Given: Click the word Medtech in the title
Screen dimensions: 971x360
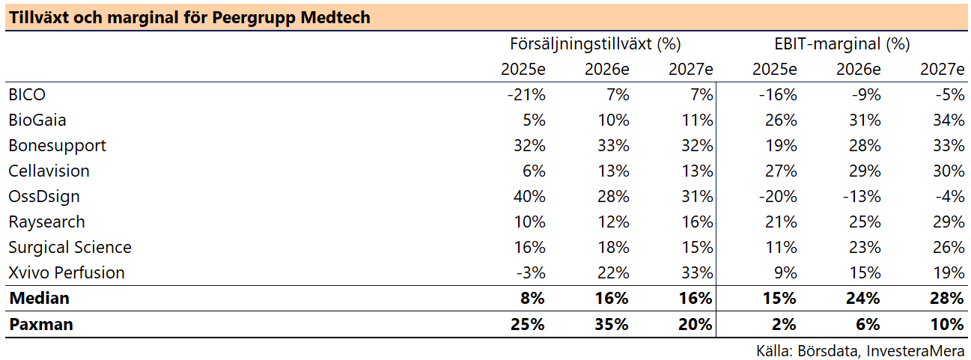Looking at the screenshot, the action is (335, 17).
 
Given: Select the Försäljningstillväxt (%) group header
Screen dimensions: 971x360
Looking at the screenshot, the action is (595, 43).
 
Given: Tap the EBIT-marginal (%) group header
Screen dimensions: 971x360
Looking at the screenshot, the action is (841, 43).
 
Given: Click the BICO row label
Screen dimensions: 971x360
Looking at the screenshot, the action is (27, 94).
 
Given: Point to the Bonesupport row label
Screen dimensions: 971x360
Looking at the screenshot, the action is (57, 146).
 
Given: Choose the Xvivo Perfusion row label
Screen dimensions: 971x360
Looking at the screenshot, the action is (67, 273).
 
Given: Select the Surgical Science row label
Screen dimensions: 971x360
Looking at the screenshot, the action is (70, 248).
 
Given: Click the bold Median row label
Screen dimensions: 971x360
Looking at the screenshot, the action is (40, 299).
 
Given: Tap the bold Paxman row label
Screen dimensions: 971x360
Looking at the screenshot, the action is (41, 325).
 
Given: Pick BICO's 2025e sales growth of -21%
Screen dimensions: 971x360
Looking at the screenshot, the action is (526, 94).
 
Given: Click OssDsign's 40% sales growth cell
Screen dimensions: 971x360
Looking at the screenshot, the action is (529, 196).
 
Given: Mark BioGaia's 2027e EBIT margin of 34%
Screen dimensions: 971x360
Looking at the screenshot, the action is (949, 120).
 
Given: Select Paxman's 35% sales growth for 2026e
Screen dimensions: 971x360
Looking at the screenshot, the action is (611, 325).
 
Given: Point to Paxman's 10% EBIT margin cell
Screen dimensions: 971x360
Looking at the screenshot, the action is (947, 325).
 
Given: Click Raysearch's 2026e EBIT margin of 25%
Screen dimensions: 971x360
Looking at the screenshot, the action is (865, 222).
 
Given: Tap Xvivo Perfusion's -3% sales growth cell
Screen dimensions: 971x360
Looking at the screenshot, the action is (531, 273).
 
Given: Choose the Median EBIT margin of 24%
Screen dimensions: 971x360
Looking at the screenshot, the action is (862, 299).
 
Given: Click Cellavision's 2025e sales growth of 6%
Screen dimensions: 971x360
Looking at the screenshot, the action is (534, 171).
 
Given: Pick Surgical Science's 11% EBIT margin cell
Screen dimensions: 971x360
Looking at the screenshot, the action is (781, 248).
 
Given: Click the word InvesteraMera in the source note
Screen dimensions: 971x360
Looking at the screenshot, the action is (916, 351).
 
